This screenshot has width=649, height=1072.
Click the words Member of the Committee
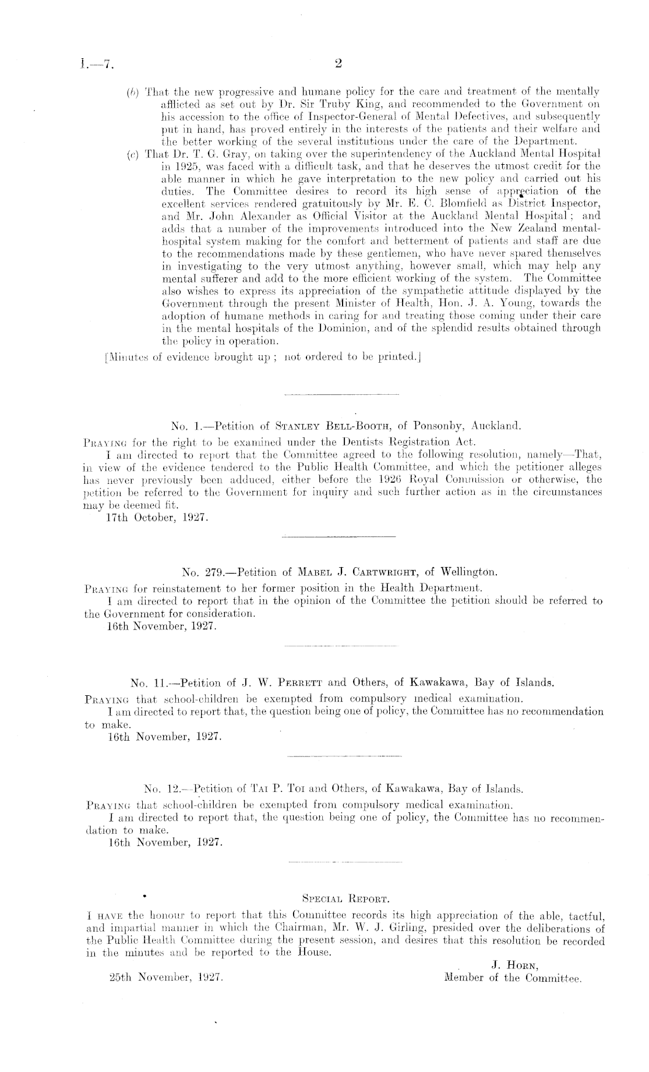click(x=513, y=978)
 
